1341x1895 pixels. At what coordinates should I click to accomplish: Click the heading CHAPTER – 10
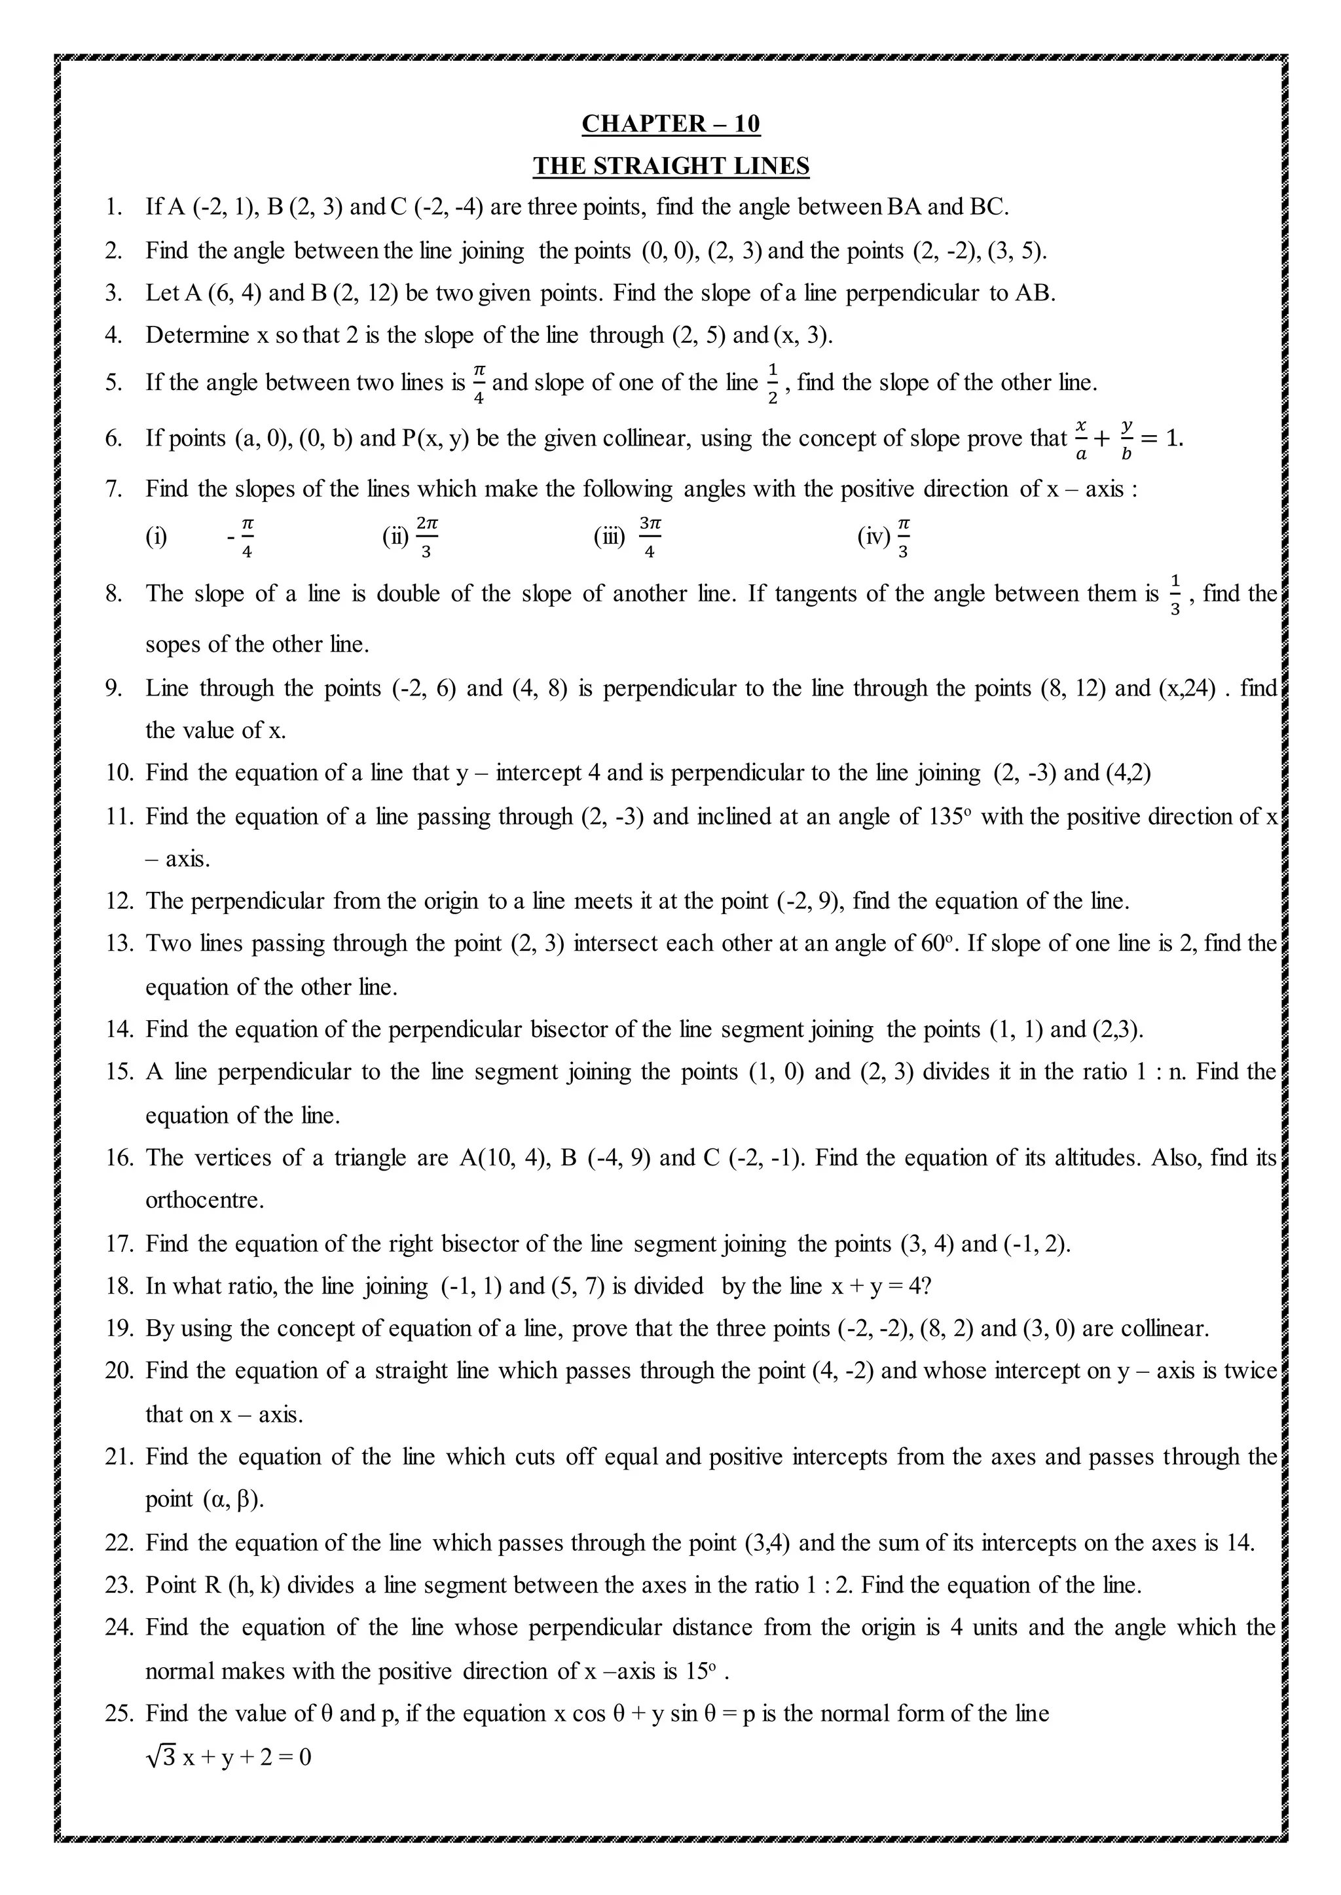tap(670, 124)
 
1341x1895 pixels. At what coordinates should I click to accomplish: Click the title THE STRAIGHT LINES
tap(670, 166)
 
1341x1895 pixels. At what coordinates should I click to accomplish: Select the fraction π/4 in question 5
tap(479, 382)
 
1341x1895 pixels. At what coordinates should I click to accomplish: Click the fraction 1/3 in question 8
tap(1176, 593)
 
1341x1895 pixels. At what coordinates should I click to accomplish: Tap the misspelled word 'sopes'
tap(174, 644)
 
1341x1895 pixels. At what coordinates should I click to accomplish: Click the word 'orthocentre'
tap(205, 1199)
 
